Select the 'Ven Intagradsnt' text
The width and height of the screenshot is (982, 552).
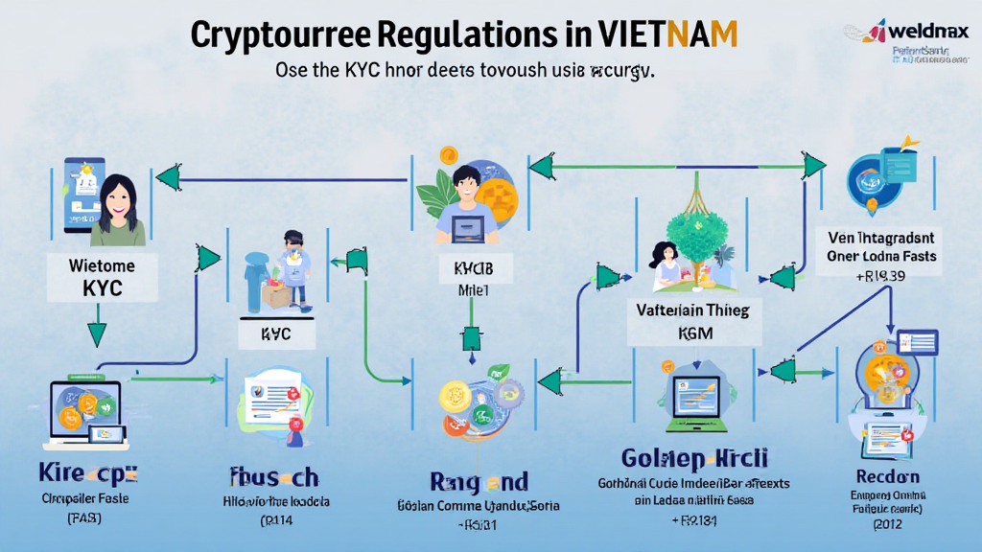pos(883,237)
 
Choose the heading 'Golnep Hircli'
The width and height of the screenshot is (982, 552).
pos(694,458)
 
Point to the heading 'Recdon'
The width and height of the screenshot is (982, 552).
pos(888,476)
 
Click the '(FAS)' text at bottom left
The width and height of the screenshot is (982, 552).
pos(86,518)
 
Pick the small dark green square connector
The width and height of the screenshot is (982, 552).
pos(471,338)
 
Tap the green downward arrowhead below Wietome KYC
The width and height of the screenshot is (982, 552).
pos(97,334)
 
